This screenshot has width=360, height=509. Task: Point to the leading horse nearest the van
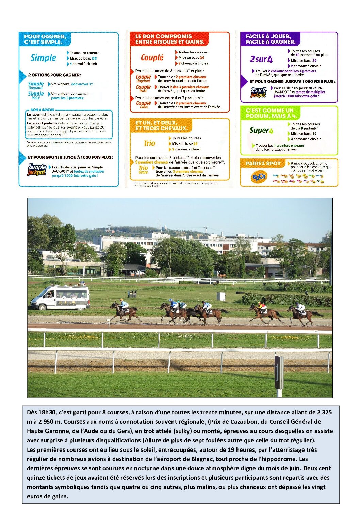pos(125,312)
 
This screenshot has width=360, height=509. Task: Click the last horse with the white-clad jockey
pos(302,315)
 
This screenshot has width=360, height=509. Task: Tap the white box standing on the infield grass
pos(221,296)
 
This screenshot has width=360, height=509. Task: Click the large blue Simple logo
pos(43,58)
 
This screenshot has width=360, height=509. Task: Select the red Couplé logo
pos(152,57)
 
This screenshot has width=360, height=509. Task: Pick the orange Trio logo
pos(149,143)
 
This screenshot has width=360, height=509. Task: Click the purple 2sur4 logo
pos(261,59)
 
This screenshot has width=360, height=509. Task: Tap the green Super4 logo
pos(261,130)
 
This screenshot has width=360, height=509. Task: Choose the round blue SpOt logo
pos(259,177)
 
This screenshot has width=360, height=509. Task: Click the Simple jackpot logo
pos(37,169)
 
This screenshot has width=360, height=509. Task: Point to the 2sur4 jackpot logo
pos(258,92)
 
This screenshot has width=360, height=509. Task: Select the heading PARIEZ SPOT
pos(263,164)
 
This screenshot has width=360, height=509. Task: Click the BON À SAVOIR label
pos(42,109)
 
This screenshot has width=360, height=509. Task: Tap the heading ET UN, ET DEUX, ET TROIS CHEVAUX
pos(161,125)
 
